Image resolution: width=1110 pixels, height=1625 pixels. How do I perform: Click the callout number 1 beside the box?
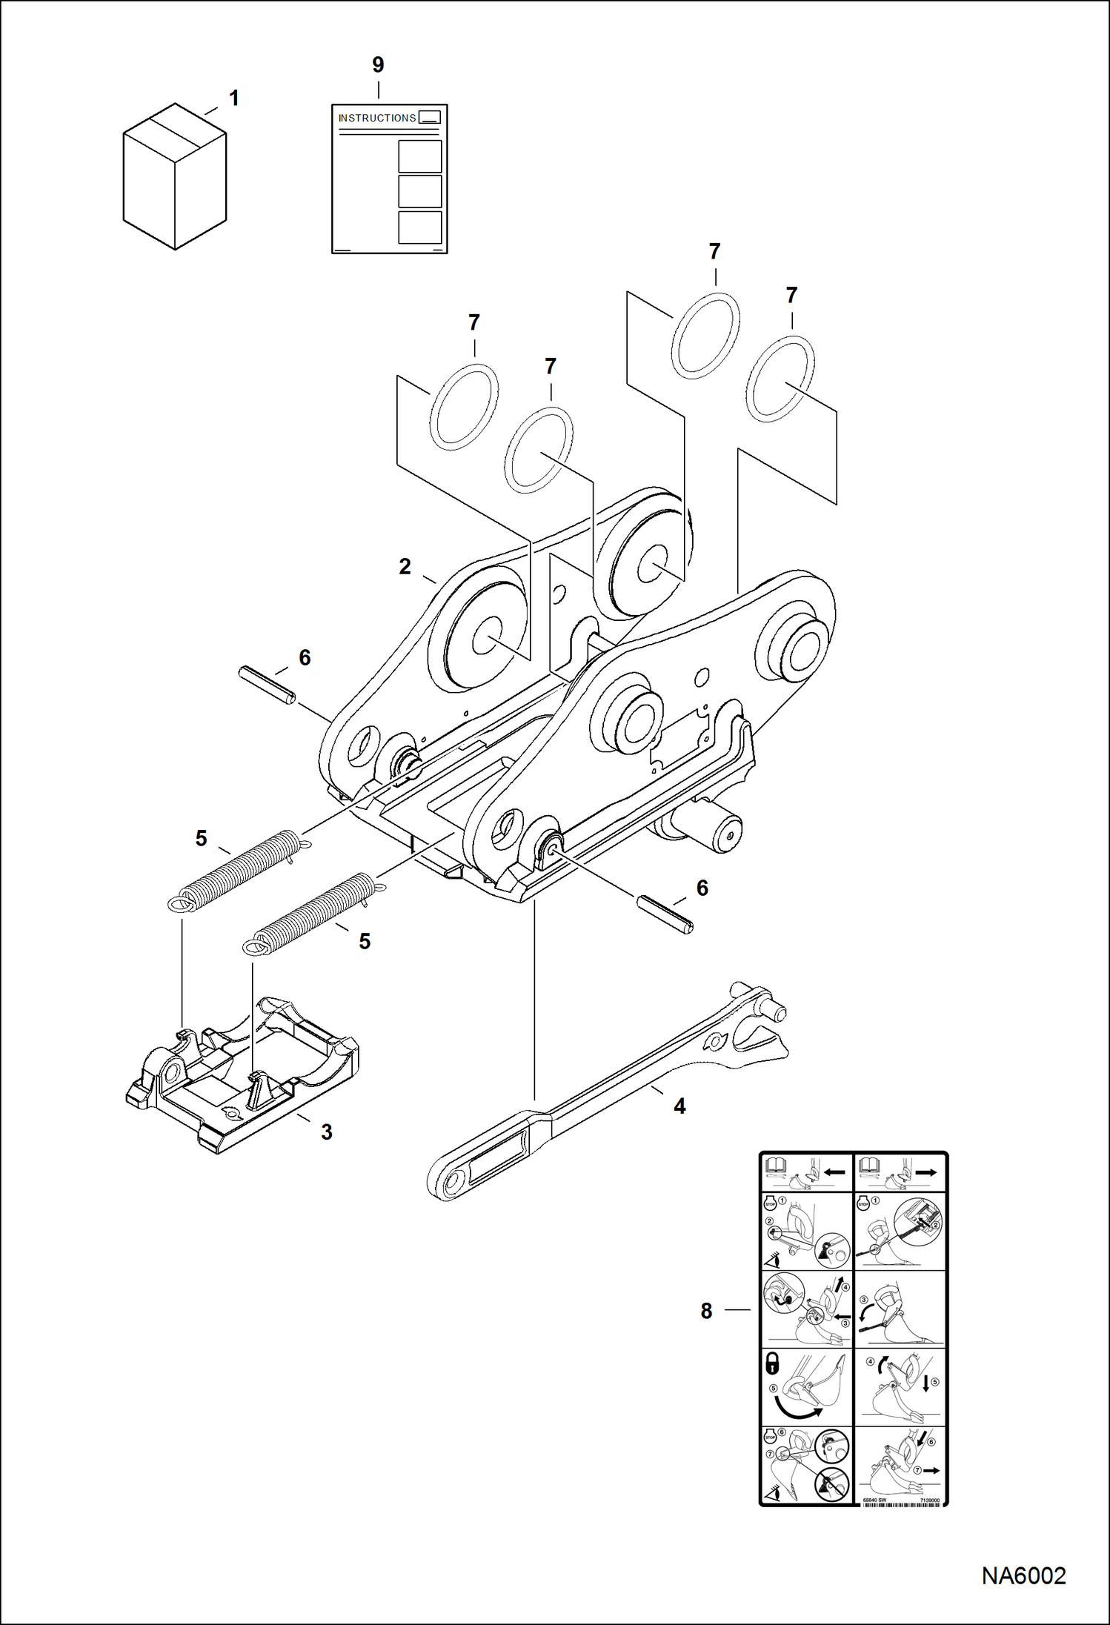(233, 98)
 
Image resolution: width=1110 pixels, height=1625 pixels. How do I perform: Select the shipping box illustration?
(174, 177)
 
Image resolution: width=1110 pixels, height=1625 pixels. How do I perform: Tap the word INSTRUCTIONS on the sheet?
(376, 118)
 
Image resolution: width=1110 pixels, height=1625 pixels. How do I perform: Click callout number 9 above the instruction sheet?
(378, 65)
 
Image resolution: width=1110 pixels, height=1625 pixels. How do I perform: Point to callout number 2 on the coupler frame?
(405, 566)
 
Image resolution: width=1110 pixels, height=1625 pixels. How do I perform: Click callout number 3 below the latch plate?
(326, 1131)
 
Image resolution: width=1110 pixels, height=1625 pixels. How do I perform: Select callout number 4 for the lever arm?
(679, 1106)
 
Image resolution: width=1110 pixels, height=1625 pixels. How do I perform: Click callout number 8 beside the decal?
(706, 1311)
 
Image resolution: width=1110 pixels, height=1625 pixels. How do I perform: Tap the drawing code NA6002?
(1023, 1575)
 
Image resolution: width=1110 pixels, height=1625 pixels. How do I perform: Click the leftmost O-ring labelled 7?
(464, 408)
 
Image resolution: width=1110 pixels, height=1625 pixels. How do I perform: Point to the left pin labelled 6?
(267, 685)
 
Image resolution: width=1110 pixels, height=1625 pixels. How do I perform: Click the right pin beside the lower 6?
(665, 915)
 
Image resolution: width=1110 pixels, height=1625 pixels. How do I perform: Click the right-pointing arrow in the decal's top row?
(926, 1172)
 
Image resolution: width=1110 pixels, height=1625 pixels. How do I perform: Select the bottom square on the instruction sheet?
(419, 227)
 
